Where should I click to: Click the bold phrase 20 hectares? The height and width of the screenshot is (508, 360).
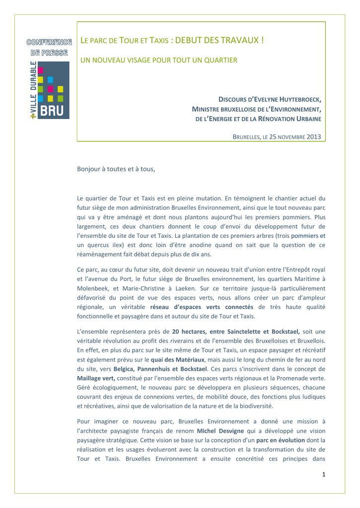tap(190, 331)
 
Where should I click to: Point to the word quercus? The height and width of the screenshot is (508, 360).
tap(100, 245)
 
